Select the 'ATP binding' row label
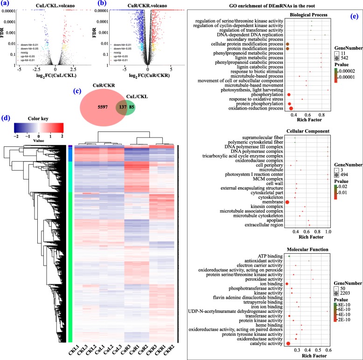269,256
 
